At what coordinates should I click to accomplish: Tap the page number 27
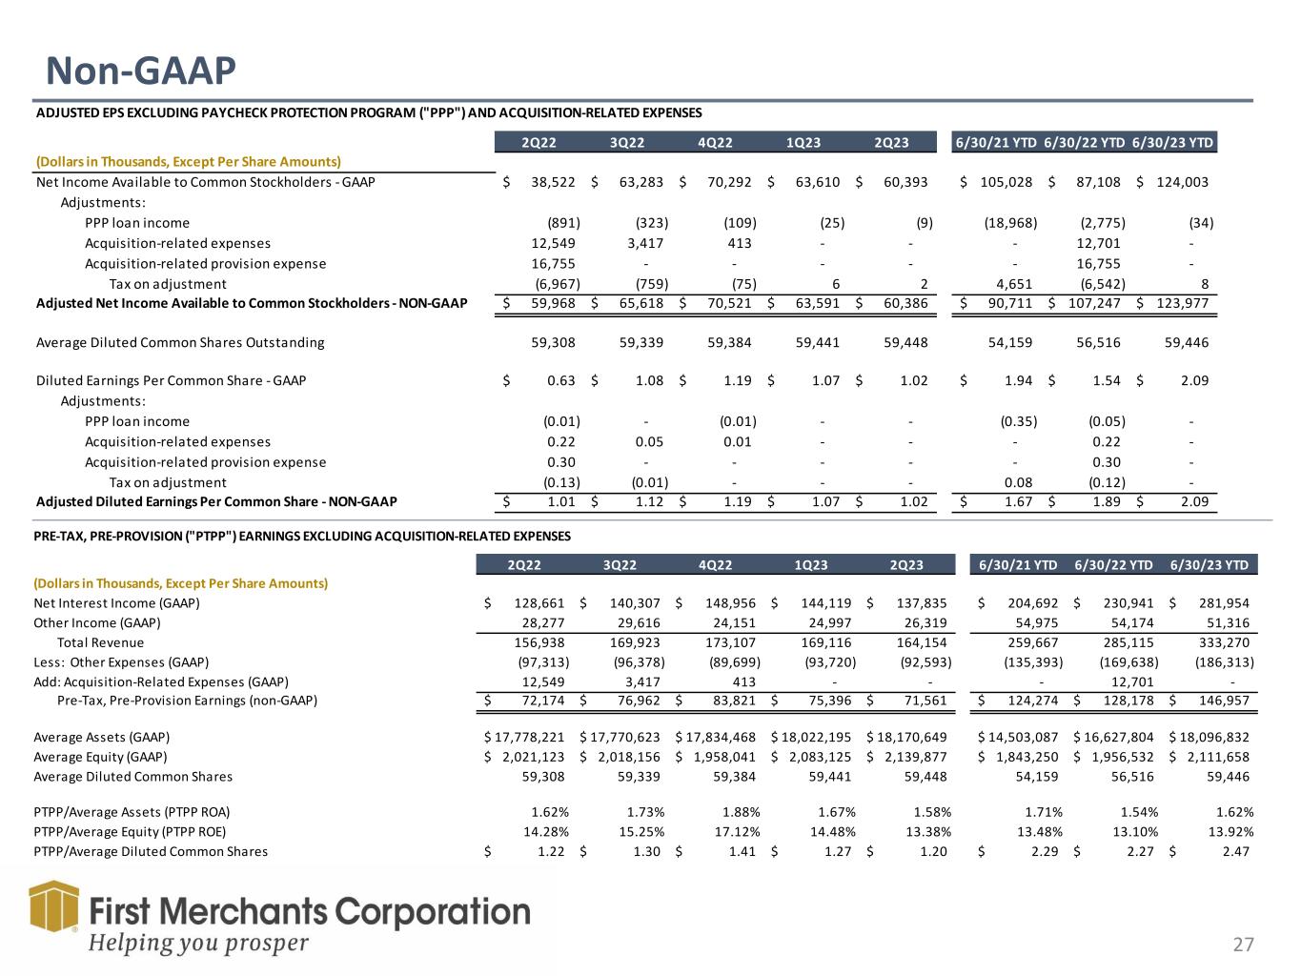point(1243,945)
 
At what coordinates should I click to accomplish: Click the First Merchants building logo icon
point(52,917)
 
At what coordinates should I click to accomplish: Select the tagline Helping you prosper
point(198,943)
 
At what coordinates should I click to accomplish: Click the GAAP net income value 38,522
point(553,182)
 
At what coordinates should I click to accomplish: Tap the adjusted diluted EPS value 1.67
point(1020,501)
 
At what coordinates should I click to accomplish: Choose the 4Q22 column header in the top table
point(714,143)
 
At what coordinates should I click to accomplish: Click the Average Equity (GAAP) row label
point(100,757)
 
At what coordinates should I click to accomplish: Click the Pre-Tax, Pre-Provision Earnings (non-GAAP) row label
point(187,701)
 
